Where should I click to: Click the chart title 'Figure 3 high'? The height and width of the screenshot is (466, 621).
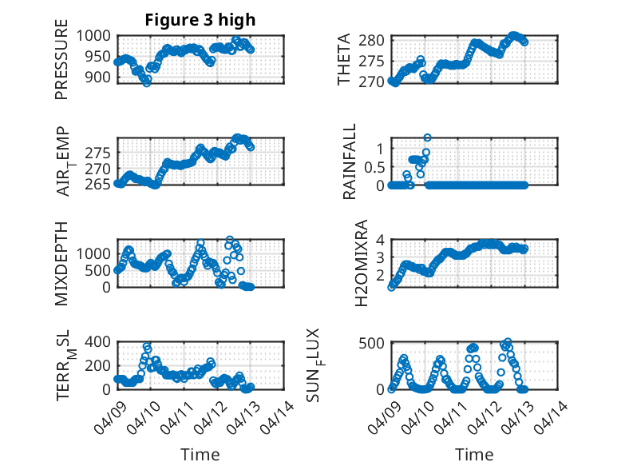(200, 20)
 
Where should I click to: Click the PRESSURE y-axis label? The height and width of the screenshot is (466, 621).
(61, 65)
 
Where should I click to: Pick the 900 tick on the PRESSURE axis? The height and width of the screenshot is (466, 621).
(101, 77)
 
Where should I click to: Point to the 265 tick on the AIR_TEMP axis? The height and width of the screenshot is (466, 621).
(101, 185)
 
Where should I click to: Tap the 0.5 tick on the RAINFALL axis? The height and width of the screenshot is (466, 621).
(374, 166)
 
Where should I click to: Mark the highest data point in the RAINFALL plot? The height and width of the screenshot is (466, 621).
(427, 137)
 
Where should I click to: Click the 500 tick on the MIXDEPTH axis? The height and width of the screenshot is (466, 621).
(101, 270)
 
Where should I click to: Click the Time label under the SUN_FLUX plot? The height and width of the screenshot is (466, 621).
(474, 454)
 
